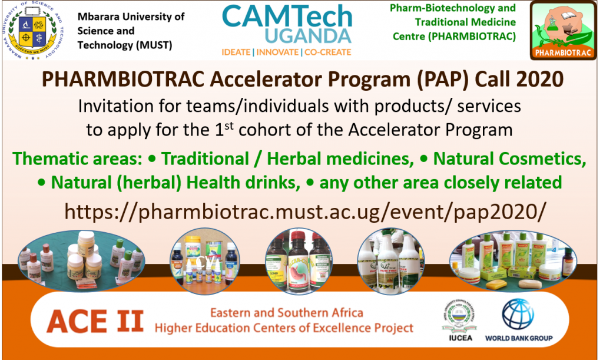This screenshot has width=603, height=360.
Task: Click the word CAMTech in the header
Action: coord(287,16)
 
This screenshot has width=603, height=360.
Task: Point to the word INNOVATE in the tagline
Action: coord(277,52)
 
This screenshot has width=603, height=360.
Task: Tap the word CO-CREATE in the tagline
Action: coord(327,52)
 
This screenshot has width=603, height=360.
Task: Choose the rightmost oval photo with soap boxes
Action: coord(512,259)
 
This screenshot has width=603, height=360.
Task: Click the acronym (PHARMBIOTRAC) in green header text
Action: coord(455,37)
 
